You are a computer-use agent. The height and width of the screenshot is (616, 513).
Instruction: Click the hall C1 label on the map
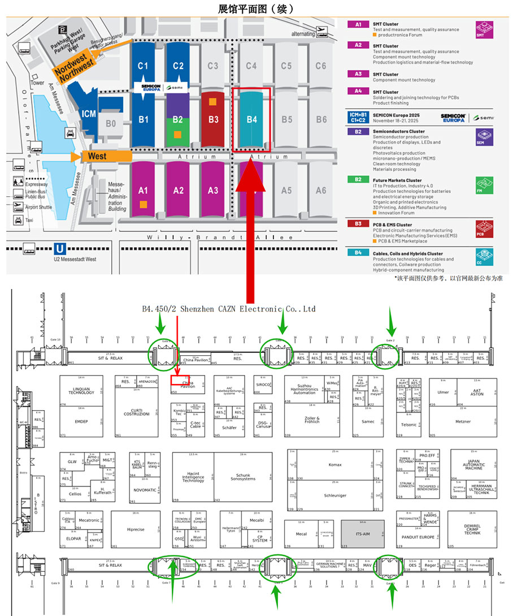[143, 66]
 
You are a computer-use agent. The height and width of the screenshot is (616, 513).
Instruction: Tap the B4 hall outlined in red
[251, 119]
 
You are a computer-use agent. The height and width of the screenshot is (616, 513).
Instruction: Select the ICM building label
[89, 114]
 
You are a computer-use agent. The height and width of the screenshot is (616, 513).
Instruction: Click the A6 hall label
[321, 191]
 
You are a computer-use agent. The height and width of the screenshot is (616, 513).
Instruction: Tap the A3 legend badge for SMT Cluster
[358, 74]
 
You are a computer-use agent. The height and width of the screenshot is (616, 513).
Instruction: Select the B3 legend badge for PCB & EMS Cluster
[358, 225]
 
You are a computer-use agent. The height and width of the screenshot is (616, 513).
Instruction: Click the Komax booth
[335, 464]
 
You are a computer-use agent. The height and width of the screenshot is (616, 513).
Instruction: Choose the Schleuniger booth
[335, 495]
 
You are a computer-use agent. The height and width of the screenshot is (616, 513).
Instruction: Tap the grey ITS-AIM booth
[362, 534]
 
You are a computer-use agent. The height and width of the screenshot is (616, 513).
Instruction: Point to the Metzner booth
[463, 421]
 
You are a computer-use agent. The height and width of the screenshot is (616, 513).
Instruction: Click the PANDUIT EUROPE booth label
[418, 537]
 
